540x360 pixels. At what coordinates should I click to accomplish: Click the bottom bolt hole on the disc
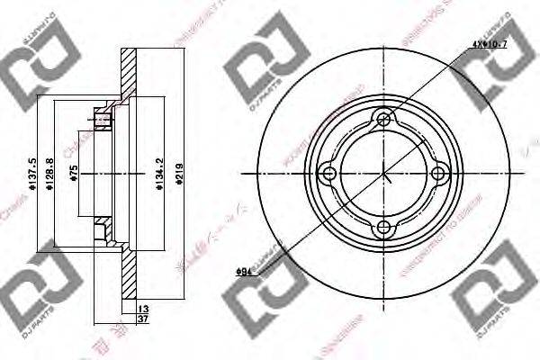(x=384, y=228)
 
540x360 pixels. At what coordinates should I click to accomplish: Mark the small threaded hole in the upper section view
(x=101, y=117)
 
